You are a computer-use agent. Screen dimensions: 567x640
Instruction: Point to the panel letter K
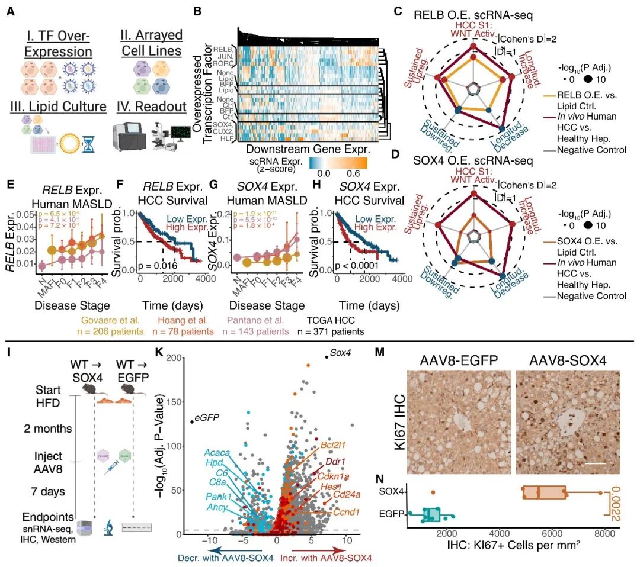pos(158,353)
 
